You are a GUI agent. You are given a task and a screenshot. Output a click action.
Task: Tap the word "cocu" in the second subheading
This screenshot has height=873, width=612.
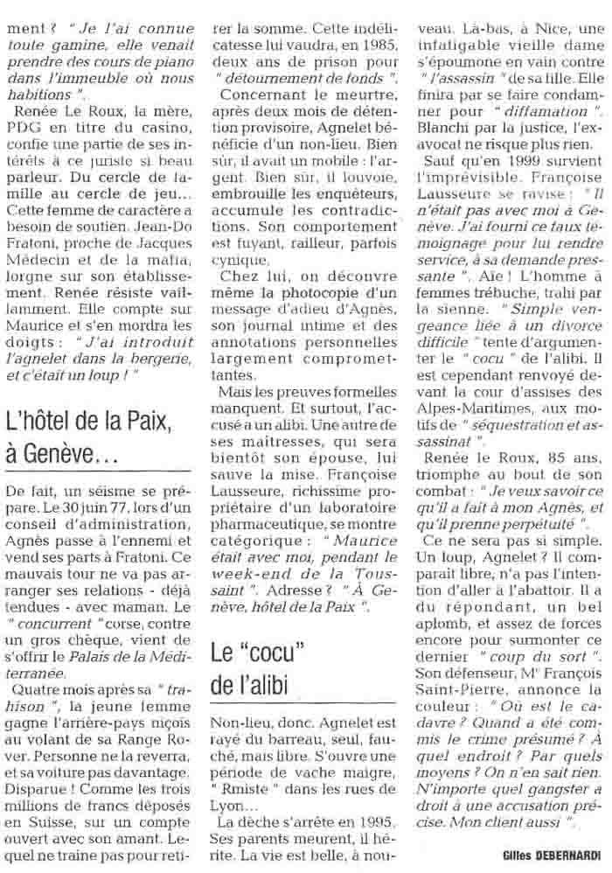tap(262, 652)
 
